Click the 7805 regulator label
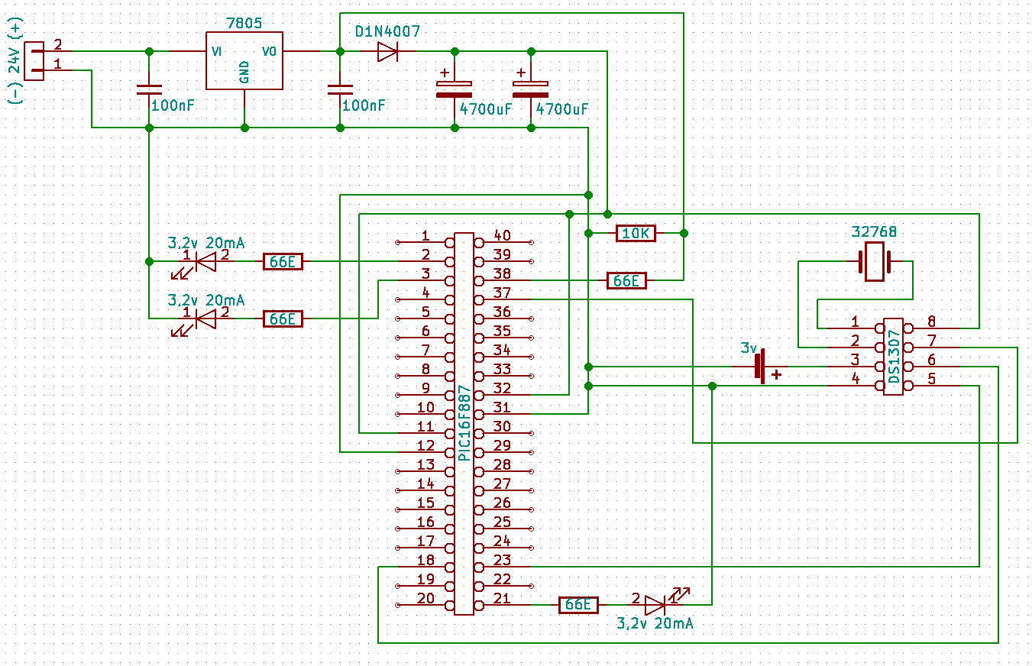[x=244, y=23]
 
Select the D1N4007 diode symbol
[x=387, y=52]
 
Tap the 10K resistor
[x=636, y=234]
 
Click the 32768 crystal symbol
[x=875, y=262]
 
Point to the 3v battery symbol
[x=760, y=367]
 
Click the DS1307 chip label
[x=894, y=356]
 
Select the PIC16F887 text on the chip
[x=464, y=423]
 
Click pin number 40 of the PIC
[x=502, y=235]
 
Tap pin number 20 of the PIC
[x=425, y=598]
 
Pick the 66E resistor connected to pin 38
[x=626, y=281]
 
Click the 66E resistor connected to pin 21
[x=578, y=605]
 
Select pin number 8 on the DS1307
[x=932, y=321]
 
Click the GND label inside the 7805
[x=244, y=72]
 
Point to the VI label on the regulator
[x=216, y=51]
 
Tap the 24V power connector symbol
[x=34, y=61]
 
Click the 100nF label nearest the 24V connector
[x=173, y=105]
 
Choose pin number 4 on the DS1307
[x=856, y=379]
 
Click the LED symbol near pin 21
[x=655, y=605]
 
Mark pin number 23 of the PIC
[x=502, y=560]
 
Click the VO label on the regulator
[x=269, y=51]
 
